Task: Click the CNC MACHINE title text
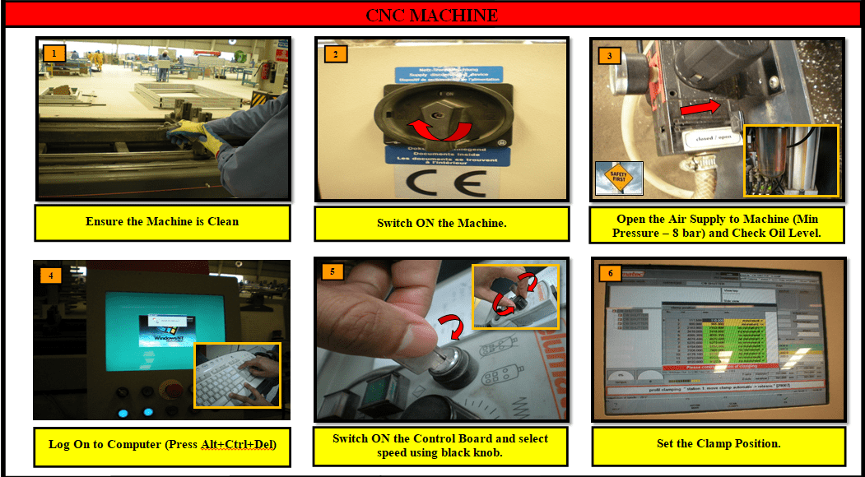[432, 15]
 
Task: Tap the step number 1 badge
[53, 53]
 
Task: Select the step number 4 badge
[51, 276]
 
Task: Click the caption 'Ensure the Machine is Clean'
[162, 222]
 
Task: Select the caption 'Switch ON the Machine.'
[442, 223]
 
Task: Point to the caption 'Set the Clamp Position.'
[719, 444]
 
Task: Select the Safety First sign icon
[618, 178]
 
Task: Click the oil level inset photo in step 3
[790, 161]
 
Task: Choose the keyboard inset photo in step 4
[237, 375]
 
